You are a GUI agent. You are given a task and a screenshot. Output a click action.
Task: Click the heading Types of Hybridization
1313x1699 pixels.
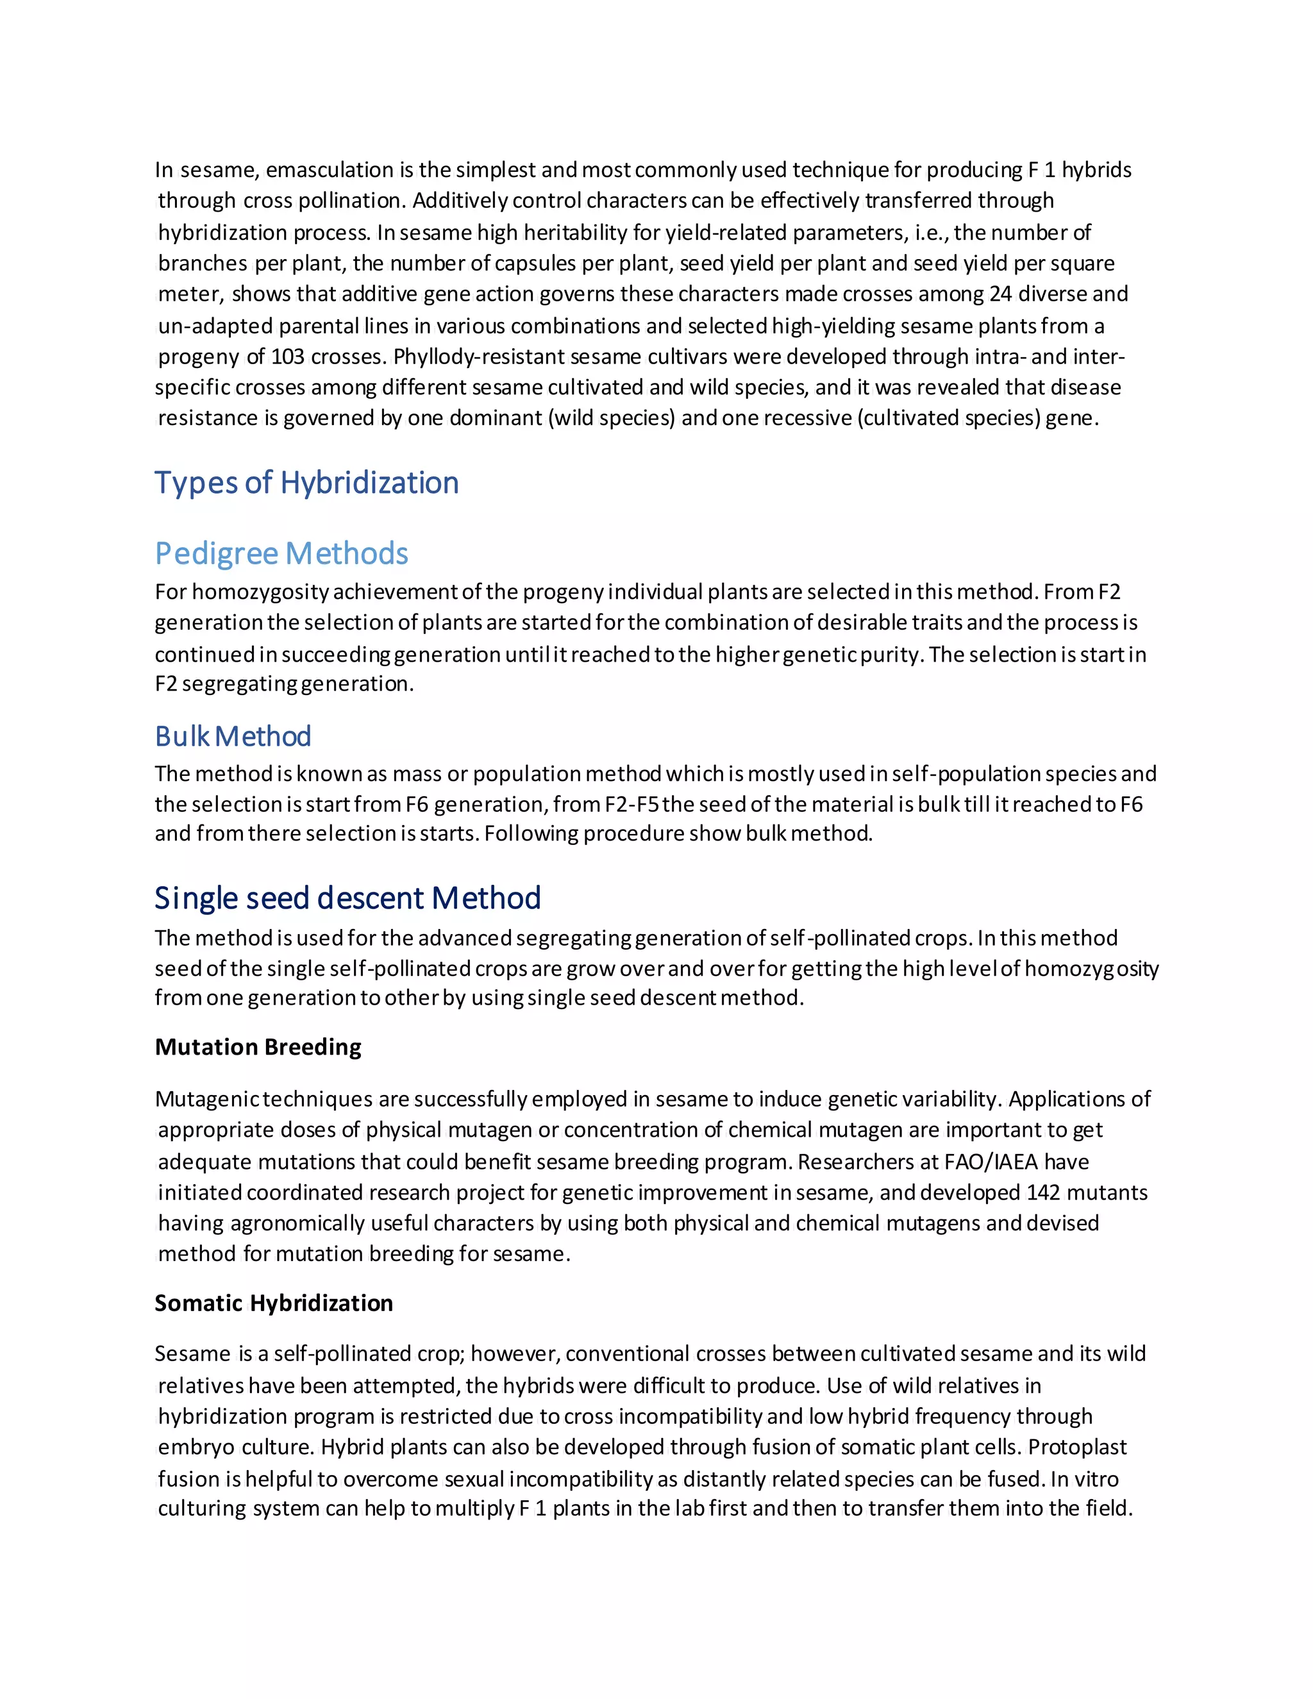306,483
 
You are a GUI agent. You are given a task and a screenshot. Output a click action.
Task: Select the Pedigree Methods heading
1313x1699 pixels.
281,554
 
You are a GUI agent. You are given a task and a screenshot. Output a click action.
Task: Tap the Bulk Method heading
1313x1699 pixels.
233,736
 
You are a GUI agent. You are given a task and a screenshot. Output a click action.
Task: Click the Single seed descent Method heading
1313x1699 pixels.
347,898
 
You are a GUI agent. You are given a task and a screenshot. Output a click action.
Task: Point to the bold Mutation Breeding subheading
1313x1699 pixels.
258,1047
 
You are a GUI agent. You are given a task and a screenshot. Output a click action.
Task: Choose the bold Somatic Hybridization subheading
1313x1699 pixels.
273,1303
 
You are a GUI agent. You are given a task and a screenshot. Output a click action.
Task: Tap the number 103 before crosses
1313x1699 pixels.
287,356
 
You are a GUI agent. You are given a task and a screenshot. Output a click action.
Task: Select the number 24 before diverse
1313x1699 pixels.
999,294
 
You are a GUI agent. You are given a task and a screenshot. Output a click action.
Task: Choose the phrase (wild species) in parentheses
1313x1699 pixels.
613,418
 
